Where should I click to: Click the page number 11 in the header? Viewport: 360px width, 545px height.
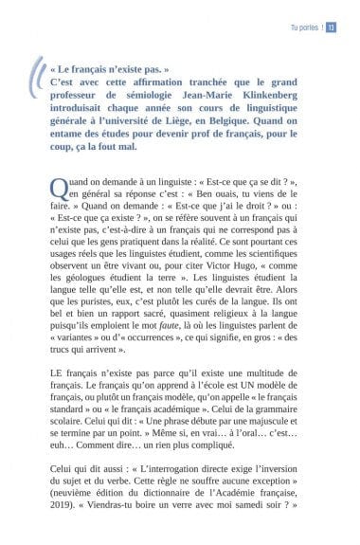[333, 27]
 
